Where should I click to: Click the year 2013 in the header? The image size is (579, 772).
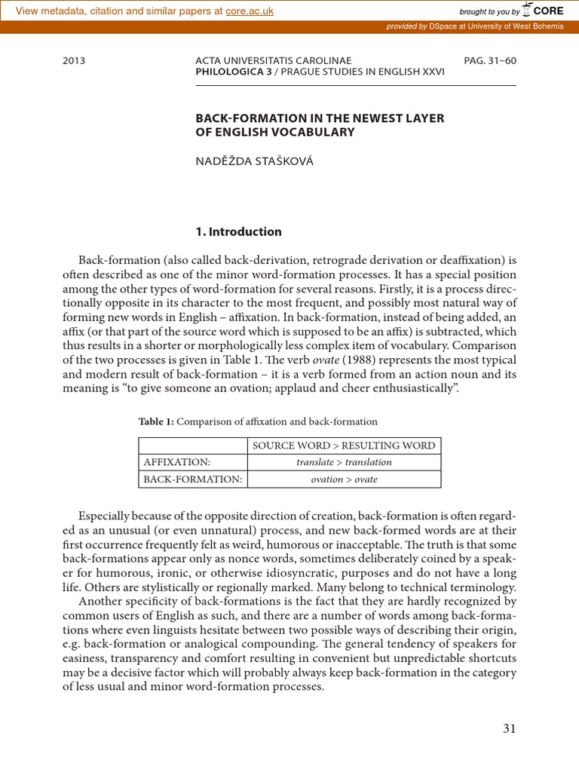[x=74, y=60]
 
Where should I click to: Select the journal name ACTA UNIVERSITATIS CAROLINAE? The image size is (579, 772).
[x=273, y=60]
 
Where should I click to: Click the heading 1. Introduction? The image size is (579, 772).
[x=238, y=231]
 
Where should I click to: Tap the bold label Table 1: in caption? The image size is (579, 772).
[x=155, y=421]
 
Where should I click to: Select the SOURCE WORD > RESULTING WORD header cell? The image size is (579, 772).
[x=344, y=446]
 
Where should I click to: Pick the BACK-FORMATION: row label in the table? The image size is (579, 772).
[x=192, y=479]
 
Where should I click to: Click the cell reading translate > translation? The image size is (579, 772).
[x=344, y=462]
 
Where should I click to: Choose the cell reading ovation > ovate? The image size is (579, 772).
[x=344, y=479]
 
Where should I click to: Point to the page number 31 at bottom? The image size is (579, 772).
[x=509, y=728]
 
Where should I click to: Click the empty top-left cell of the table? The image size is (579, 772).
[x=192, y=446]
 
